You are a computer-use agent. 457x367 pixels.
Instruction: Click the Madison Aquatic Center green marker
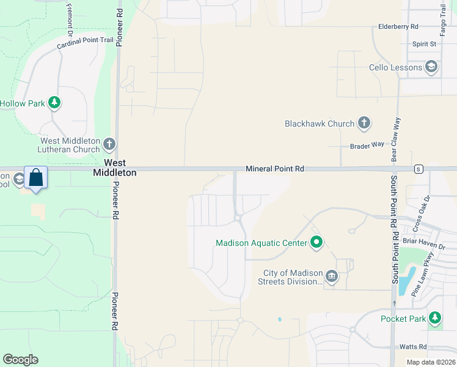coord(316,243)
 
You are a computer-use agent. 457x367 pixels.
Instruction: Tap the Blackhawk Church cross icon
coord(364,124)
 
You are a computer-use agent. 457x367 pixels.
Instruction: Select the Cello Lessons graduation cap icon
coord(431,67)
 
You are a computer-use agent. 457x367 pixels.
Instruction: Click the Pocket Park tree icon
coord(434,318)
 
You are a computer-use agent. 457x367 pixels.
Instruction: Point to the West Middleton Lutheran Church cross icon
coord(109,145)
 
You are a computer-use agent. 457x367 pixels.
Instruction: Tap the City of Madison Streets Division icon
coord(331,277)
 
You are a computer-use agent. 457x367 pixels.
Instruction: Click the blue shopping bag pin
coord(36,178)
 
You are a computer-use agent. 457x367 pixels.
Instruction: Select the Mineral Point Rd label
coord(274,168)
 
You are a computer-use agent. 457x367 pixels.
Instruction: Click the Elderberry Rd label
coord(398,27)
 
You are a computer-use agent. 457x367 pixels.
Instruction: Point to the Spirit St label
coord(424,44)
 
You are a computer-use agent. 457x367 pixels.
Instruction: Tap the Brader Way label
coord(367,146)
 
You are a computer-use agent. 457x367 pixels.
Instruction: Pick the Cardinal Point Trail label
coord(85,43)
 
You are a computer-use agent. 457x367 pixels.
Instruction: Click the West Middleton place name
coord(114,168)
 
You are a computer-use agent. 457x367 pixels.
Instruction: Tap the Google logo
coord(20,360)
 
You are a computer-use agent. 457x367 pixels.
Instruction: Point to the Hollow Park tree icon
coord(55,103)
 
